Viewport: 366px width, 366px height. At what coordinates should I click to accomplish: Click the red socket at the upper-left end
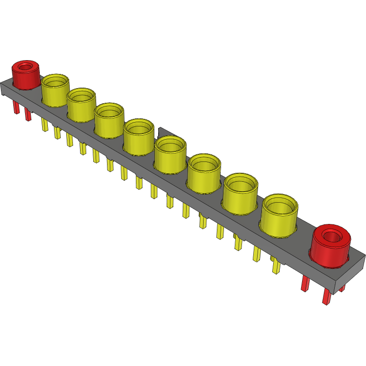point(26,76)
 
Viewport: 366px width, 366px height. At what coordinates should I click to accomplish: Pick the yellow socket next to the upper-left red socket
point(55,91)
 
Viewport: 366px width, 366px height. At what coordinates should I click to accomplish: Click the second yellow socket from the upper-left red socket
point(81,105)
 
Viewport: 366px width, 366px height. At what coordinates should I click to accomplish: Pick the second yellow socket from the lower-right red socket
point(241,194)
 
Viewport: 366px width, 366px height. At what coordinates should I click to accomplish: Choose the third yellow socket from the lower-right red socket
point(204,174)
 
